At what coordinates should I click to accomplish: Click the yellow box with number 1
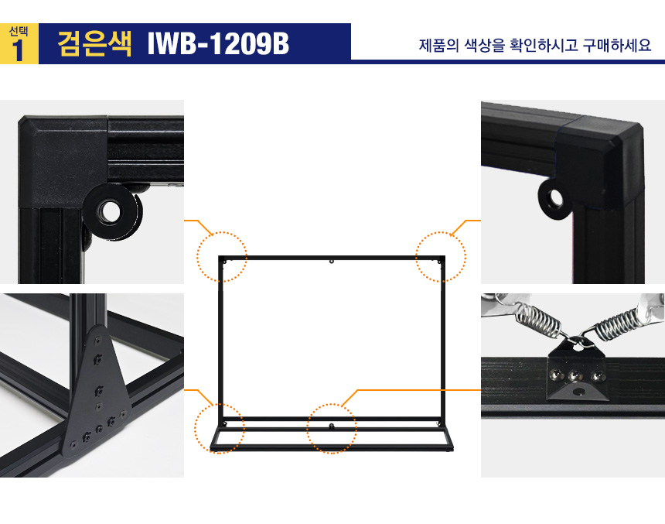(x=19, y=44)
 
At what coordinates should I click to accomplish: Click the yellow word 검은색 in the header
(x=94, y=43)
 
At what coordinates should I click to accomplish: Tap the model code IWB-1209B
(x=218, y=43)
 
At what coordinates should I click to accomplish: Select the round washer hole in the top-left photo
(x=111, y=211)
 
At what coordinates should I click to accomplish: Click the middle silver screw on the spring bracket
(x=575, y=375)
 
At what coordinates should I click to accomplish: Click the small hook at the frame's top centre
(x=332, y=262)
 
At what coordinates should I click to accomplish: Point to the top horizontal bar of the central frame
(x=332, y=258)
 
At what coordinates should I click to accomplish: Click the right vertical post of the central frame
(x=443, y=340)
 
